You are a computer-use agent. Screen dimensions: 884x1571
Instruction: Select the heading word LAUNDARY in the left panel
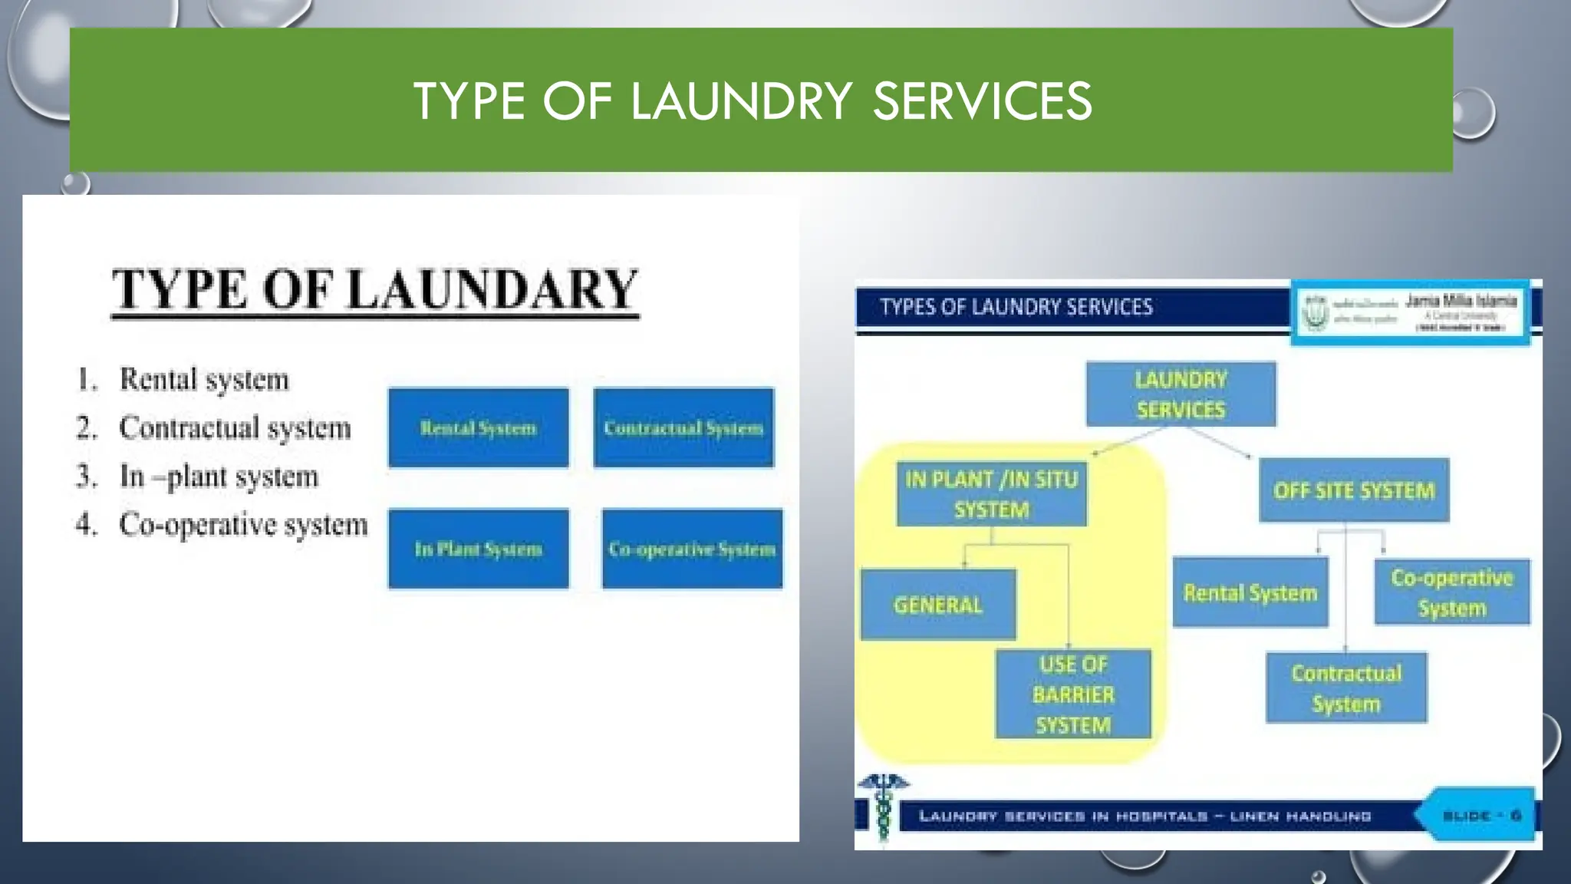pos(492,289)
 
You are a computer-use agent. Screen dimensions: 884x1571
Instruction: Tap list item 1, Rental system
pos(203,379)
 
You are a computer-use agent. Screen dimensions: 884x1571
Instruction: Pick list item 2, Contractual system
pos(234,427)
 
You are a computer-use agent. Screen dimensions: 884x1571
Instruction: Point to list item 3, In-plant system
pos(219,477)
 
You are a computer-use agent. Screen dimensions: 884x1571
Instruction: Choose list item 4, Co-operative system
pos(242,525)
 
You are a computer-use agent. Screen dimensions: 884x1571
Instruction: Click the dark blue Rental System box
pos(478,427)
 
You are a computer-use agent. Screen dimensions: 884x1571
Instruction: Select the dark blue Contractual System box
pos(683,427)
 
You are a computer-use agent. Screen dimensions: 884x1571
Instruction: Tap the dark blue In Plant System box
pos(478,549)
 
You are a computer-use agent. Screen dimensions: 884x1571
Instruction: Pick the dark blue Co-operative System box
pos(692,549)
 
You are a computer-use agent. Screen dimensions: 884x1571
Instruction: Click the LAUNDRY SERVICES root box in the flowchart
pos(1181,394)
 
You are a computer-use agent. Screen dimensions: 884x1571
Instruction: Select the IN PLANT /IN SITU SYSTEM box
pos(991,494)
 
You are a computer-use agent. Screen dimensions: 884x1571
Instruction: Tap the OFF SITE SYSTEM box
pos(1354,490)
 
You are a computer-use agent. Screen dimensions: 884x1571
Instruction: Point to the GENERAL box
pos(937,605)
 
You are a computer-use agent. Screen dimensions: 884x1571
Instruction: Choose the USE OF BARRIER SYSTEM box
pos(1073,694)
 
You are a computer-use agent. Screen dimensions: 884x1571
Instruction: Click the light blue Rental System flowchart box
pos(1250,592)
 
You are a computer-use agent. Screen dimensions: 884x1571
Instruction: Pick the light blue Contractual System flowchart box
pos(1346,688)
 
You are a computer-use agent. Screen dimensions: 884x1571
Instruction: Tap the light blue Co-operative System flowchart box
pos(1451,592)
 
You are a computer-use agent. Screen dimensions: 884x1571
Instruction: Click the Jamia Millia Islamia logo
pos(1410,312)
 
